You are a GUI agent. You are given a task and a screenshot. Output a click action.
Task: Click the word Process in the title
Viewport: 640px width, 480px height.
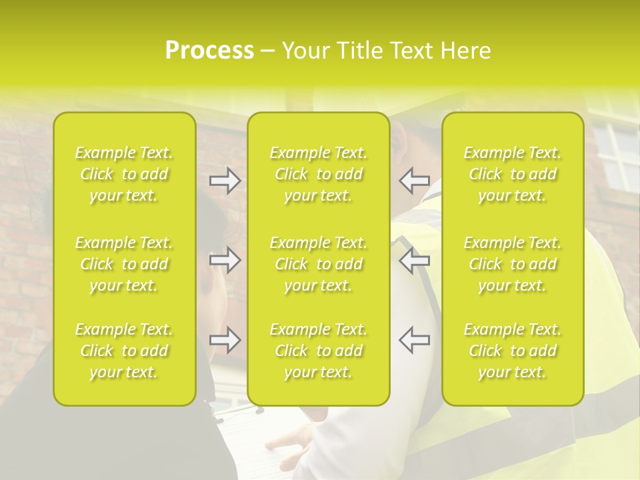pyautogui.click(x=209, y=51)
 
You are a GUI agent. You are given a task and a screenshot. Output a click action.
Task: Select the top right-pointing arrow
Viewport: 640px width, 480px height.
pyautogui.click(x=225, y=181)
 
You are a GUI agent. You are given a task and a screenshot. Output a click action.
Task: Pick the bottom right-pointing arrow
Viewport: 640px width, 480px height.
pyautogui.click(x=225, y=340)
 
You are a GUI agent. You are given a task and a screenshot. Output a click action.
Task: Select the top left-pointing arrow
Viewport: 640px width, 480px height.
pyautogui.click(x=414, y=181)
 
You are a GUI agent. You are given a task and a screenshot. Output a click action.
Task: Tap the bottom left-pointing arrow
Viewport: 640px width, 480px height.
pyautogui.click(x=414, y=340)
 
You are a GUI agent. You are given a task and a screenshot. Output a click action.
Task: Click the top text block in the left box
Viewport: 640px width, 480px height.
pyautogui.click(x=124, y=174)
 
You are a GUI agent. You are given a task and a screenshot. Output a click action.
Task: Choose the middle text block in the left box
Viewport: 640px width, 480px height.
pyautogui.click(x=124, y=264)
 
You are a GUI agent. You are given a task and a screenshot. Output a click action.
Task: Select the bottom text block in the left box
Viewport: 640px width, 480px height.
pyautogui.click(x=124, y=351)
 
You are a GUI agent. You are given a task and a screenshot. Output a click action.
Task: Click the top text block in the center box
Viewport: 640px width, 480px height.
pyautogui.click(x=318, y=174)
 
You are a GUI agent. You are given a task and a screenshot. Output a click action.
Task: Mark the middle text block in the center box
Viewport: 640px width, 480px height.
pyautogui.click(x=318, y=264)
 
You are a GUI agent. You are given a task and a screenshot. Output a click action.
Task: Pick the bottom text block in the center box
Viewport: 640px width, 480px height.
pyautogui.click(x=318, y=351)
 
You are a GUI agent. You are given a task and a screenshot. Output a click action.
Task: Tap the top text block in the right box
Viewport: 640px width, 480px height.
pyautogui.click(x=512, y=174)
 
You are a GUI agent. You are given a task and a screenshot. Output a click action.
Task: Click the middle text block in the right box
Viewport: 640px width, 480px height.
pyautogui.click(x=512, y=264)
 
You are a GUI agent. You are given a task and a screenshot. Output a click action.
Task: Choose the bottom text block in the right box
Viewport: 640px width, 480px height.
pyautogui.click(x=512, y=351)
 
